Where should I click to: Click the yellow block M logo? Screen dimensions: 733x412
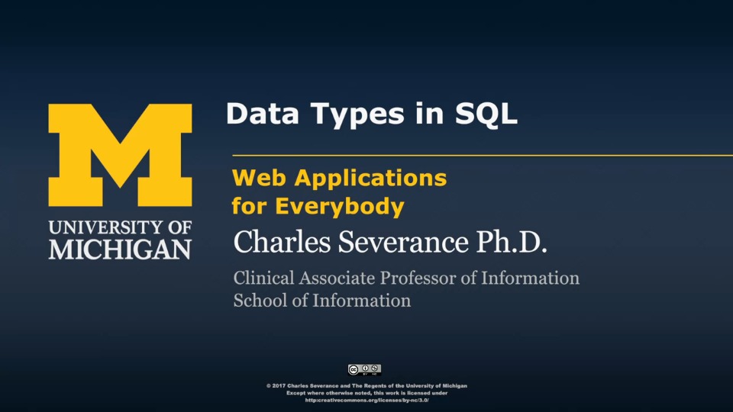(120, 155)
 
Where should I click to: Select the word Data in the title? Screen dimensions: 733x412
(262, 114)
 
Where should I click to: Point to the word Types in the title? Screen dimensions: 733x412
(357, 115)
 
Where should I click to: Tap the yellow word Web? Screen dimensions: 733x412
(259, 178)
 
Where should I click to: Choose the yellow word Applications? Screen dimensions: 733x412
(371, 179)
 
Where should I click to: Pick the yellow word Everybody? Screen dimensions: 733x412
(339, 207)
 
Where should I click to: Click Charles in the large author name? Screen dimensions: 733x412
(282, 242)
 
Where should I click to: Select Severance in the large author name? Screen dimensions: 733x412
(403, 242)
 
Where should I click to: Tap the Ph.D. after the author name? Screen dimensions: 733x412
(512, 242)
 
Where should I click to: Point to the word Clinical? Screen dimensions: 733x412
(264, 278)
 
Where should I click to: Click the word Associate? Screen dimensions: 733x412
(337, 278)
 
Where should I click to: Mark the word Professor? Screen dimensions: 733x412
(418, 278)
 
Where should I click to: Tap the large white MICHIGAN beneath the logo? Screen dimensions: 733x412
(120, 249)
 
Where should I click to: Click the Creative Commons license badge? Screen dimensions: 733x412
(365, 370)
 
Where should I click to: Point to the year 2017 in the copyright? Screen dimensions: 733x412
(279, 386)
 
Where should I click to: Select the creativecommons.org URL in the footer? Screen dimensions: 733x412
(367, 401)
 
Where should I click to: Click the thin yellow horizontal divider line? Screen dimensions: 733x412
(483, 155)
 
